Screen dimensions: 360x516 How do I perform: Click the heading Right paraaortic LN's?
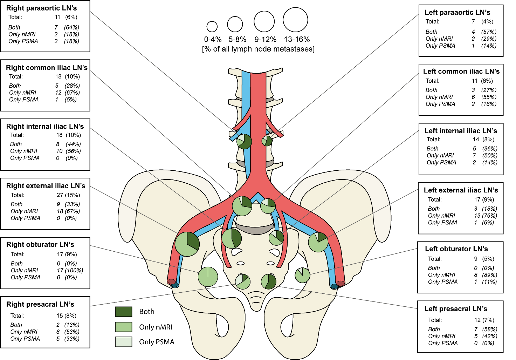pos(41,8)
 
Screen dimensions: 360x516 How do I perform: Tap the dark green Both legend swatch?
pos(124,312)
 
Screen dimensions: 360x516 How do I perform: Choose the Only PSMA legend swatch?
pos(124,342)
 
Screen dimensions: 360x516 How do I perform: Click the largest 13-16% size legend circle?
pos(295,20)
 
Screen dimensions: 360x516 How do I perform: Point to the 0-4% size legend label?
pos(213,39)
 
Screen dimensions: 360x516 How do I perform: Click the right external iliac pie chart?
pos(187,244)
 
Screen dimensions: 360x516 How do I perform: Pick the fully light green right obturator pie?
pos(208,277)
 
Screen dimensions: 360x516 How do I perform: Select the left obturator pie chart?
pos(302,275)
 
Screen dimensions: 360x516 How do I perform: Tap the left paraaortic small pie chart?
pos(267,141)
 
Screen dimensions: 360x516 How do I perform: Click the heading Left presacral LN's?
pos(456,309)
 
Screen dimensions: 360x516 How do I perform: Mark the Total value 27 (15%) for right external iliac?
pos(68,195)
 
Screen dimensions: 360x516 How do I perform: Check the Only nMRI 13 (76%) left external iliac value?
pos(486,216)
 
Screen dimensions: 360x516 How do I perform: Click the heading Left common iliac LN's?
pos(461,72)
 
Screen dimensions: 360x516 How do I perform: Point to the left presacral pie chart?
pos(269,281)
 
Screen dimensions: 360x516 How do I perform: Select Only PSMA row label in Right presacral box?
pos(25,339)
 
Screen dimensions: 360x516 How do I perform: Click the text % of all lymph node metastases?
pos(259,49)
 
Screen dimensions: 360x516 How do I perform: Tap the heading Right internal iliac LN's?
pos(45,127)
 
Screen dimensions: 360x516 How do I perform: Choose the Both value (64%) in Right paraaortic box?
pos(71,27)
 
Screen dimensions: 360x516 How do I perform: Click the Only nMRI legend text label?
pos(156,327)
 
